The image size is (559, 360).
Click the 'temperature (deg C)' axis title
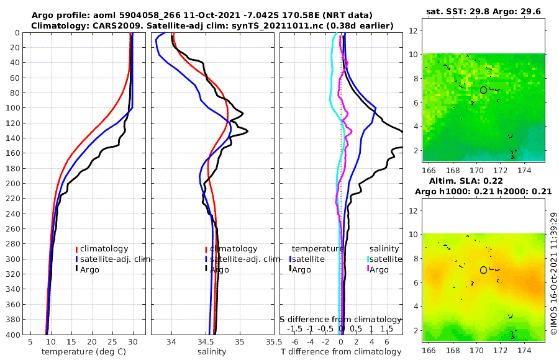pyautogui.click(x=83, y=352)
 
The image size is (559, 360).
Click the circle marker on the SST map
pyautogui.click(x=483, y=90)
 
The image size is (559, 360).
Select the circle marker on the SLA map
pyautogui.click(x=483, y=270)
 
